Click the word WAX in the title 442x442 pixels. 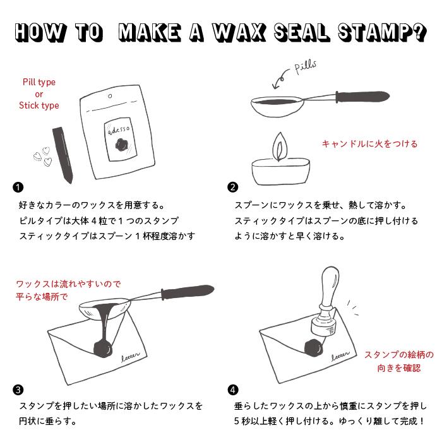tap(241, 33)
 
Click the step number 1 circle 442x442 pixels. tap(18, 187)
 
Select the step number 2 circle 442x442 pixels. tap(233, 187)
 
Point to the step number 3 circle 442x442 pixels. tap(18, 389)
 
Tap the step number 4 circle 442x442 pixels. tap(233, 389)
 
